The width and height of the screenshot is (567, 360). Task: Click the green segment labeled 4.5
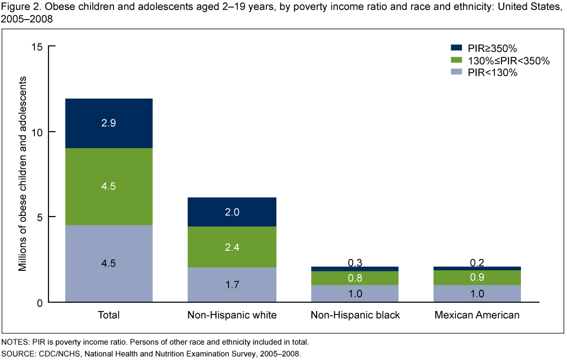pos(109,186)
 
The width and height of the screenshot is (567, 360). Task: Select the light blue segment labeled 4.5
pos(109,263)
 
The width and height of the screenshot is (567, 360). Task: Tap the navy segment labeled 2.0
pos(232,212)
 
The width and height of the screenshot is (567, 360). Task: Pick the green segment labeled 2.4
pos(232,247)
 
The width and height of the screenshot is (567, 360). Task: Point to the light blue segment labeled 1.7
pos(232,284)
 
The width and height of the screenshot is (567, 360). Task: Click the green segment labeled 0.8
pos(355,278)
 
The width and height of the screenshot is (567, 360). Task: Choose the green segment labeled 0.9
pos(477,277)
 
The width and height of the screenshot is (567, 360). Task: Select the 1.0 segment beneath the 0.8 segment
pos(355,293)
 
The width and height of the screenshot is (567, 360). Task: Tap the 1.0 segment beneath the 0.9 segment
pos(477,293)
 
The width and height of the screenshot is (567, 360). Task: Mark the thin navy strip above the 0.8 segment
pos(355,269)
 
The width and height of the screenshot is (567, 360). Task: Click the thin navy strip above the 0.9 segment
pos(477,268)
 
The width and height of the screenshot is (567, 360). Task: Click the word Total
pos(109,315)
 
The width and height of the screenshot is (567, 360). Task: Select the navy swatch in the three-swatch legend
pos(456,47)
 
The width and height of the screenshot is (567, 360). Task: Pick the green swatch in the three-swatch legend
pos(456,60)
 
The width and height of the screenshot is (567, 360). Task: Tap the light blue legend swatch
pos(456,72)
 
